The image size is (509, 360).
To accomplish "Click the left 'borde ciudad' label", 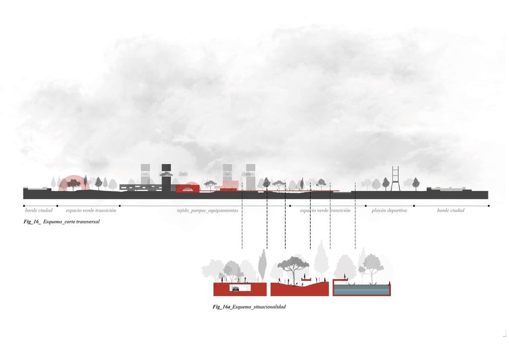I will point(39,210).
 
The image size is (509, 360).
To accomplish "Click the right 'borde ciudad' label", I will point(451,210).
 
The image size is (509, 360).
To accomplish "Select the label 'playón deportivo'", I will point(389,210).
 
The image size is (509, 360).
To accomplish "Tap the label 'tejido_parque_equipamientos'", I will point(207,210).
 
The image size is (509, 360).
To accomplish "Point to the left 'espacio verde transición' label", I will point(91,210).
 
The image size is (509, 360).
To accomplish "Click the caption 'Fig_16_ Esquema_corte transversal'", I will point(62,221).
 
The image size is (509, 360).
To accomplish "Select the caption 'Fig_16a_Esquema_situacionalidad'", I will point(249,307).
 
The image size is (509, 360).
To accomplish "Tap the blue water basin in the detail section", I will point(361,290).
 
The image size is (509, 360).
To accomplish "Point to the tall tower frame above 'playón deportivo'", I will point(395,178).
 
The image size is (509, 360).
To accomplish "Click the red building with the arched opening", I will point(187,188).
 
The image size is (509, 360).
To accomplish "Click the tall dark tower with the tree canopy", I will point(166,177).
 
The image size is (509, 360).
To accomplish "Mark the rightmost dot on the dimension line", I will point(489,205).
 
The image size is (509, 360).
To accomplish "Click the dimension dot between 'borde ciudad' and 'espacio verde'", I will point(57,205).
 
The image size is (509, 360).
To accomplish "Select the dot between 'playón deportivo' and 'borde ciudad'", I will point(414,205).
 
